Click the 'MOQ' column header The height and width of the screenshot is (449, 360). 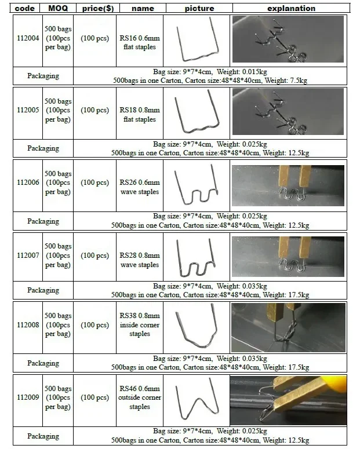pyautogui.click(x=58, y=9)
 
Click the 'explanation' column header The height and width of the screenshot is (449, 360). pyautogui.click(x=291, y=9)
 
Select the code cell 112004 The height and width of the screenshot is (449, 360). pyautogui.click(x=28, y=39)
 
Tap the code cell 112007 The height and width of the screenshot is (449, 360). pyautogui.click(x=28, y=255)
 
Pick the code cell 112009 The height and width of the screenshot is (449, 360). pyautogui.click(x=28, y=398)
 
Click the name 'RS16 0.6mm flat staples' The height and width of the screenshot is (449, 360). pyautogui.click(x=139, y=39)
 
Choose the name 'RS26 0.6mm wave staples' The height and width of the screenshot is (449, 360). pyautogui.click(x=139, y=182)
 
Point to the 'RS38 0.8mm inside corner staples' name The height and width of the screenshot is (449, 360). pyautogui.click(x=139, y=325)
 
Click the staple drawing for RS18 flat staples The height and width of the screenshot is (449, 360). pyautogui.click(x=198, y=111)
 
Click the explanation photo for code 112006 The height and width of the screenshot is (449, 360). pyautogui.click(x=288, y=183)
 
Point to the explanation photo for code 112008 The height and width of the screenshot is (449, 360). pyautogui.click(x=288, y=327)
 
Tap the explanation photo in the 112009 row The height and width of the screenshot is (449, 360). pyautogui.click(x=288, y=400)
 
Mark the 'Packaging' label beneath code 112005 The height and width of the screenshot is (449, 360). pyautogui.click(x=43, y=148)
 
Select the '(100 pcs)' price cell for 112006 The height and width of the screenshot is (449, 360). pyautogui.click(x=94, y=183)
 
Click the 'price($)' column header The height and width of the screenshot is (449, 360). pyautogui.click(x=94, y=9)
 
